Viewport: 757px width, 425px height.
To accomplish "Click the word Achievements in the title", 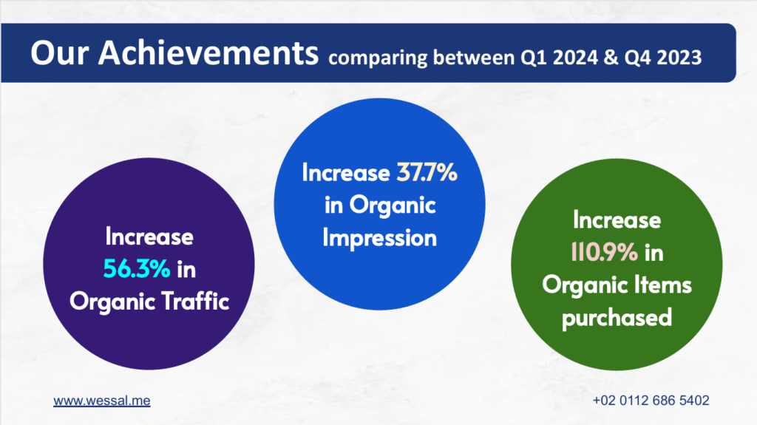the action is (208, 52).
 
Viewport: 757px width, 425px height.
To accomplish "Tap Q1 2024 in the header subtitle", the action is (559, 58).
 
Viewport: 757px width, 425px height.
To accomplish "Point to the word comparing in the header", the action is (378, 58).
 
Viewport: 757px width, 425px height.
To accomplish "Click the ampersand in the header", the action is (611, 58).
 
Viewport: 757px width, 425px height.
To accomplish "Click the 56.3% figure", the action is (137, 269).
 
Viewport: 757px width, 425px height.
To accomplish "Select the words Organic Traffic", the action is (149, 302).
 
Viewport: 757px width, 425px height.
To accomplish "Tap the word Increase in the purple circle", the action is (149, 237).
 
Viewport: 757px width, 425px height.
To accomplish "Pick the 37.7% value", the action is (427, 172).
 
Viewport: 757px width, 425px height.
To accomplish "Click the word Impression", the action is (379, 238).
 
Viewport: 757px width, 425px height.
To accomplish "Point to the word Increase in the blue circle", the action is (346, 172).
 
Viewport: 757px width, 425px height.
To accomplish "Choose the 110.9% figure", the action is (605, 252).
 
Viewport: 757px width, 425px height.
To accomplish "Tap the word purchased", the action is (617, 318).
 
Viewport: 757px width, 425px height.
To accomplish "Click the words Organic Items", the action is (617, 285).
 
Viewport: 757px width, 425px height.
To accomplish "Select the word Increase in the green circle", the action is (617, 220).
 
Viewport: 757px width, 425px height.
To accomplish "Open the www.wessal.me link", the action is (102, 401).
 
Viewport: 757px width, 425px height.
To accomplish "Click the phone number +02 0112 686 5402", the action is (651, 401).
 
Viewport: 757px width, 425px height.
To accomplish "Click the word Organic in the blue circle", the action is (393, 205).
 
